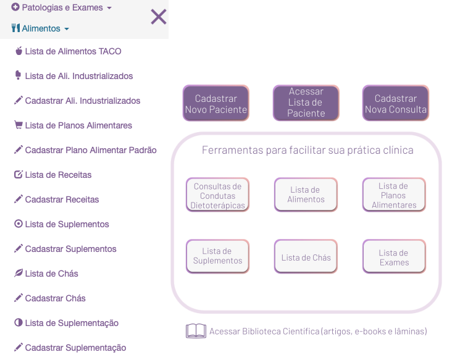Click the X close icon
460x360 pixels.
pyautogui.click(x=159, y=17)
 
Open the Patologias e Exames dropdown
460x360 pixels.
pyautogui.click(x=62, y=7)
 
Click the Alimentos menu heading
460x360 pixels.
pyautogui.click(x=40, y=28)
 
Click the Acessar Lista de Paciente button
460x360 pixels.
pyautogui.click(x=306, y=103)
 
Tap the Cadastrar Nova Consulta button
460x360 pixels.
pyautogui.click(x=396, y=103)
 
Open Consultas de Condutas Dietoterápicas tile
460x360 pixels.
pyautogui.click(x=218, y=195)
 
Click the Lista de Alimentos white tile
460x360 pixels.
pyautogui.click(x=306, y=195)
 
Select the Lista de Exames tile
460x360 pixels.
pyautogui.click(x=394, y=256)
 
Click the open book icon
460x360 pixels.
pyautogui.click(x=196, y=331)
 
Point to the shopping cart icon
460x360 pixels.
pyautogui.click(x=18, y=125)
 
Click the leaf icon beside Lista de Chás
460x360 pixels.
pyautogui.click(x=18, y=273)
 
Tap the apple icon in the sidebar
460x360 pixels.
pyautogui.click(x=19, y=51)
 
